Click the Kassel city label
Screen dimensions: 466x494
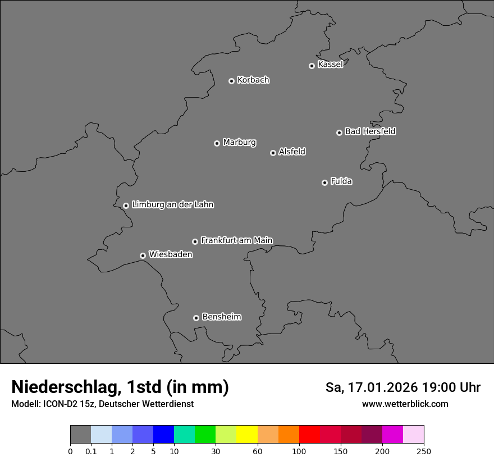(330, 65)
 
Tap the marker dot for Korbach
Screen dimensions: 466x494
(231, 81)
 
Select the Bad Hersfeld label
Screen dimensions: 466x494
(370, 131)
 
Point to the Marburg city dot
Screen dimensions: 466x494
(217, 143)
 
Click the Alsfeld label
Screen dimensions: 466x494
(292, 152)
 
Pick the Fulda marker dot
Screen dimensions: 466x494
(324, 182)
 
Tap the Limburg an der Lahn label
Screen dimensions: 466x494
(173, 204)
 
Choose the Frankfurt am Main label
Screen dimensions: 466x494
(236, 240)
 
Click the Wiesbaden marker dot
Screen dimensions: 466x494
(143, 255)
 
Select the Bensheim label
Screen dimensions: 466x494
(221, 317)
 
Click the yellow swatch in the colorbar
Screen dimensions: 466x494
(247, 435)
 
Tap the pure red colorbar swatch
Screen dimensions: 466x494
(309, 435)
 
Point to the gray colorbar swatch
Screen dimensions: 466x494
(80, 435)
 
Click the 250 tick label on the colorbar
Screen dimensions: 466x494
(424, 451)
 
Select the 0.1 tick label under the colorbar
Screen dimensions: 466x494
(91, 451)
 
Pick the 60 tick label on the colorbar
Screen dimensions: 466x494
(258, 451)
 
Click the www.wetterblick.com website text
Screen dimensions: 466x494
(405, 404)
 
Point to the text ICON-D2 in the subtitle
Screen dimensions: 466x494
(58, 404)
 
